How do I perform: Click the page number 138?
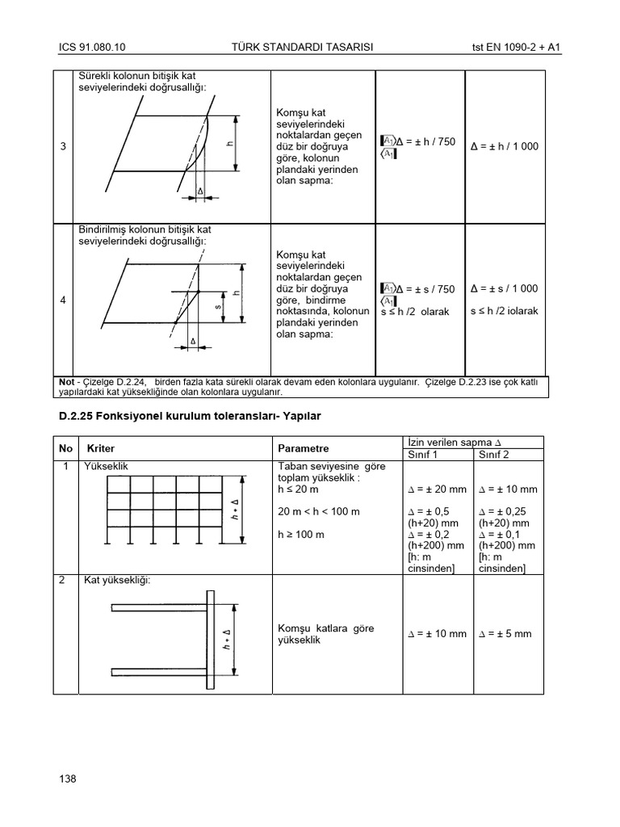point(68,779)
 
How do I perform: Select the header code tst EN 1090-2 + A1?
point(517,48)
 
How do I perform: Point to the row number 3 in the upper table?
point(63,146)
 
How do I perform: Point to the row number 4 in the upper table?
point(63,300)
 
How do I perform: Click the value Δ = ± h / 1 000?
point(505,147)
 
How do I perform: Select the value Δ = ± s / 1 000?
point(504,289)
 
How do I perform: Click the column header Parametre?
point(304,448)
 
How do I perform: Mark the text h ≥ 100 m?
point(301,535)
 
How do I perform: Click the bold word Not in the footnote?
point(66,381)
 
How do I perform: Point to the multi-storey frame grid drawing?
point(165,510)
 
